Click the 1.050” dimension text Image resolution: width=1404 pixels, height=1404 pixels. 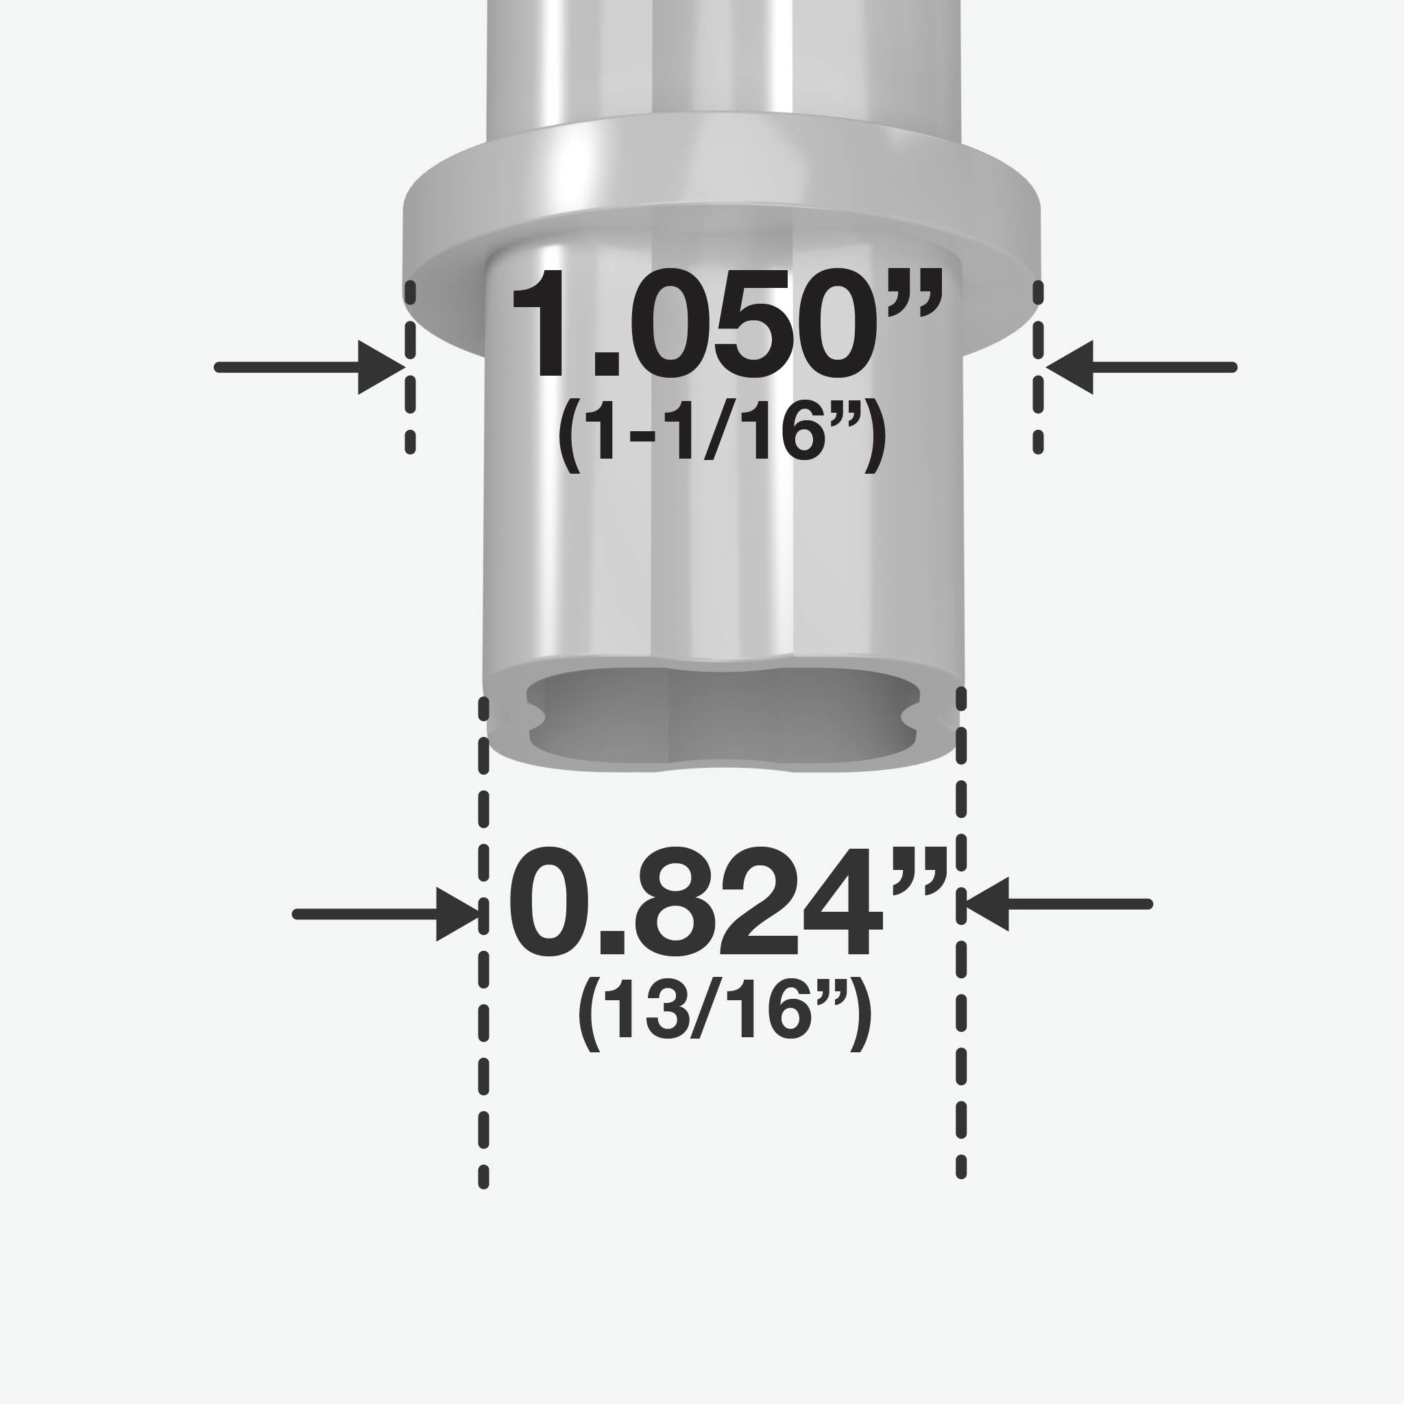[727, 324]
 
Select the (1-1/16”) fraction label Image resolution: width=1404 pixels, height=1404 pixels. [721, 434]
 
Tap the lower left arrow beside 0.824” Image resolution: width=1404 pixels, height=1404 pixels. [385, 915]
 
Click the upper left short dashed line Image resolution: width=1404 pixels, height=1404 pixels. [411, 367]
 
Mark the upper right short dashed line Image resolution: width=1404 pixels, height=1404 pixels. [1039, 367]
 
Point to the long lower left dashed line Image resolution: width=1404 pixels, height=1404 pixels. [484, 945]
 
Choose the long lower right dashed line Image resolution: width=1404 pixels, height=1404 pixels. [961, 937]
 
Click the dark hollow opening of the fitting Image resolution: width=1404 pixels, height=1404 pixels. [723, 716]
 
